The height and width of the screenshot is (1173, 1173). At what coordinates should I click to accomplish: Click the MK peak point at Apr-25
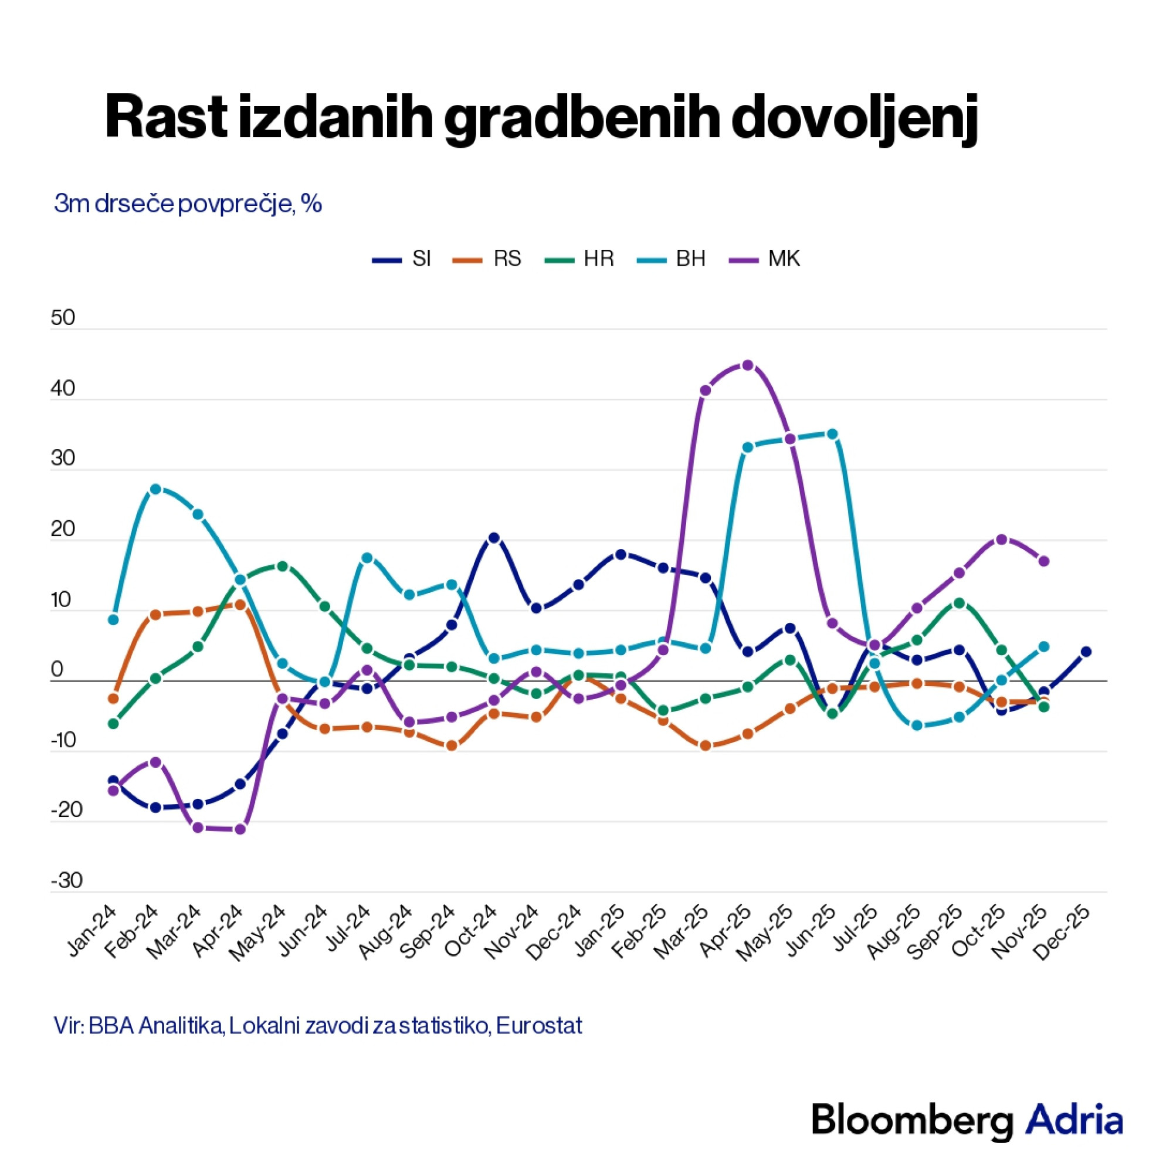(747, 365)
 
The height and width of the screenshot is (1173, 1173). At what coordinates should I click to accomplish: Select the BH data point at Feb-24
(155, 489)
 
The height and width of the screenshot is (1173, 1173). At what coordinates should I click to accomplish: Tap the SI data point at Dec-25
(1086, 652)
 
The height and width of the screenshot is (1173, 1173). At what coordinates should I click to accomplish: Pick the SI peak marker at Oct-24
(494, 537)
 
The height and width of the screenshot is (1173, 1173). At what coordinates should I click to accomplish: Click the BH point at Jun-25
(832, 433)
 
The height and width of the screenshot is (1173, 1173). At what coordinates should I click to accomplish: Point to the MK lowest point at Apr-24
(240, 829)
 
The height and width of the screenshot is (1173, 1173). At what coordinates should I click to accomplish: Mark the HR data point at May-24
(282, 566)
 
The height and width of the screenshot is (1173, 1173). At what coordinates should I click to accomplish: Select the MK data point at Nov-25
(1045, 561)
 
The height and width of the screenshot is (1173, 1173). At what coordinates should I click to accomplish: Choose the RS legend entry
(487, 259)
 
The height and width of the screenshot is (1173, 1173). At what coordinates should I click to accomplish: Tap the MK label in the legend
(764, 259)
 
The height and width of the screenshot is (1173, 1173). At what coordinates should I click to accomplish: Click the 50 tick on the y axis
(63, 318)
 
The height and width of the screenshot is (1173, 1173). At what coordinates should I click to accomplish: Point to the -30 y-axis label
(66, 881)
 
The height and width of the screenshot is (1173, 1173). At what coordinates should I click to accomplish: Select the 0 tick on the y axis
(57, 670)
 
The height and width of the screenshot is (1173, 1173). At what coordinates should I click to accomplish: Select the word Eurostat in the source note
(539, 1025)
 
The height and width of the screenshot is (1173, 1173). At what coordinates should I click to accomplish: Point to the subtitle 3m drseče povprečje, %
(188, 205)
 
